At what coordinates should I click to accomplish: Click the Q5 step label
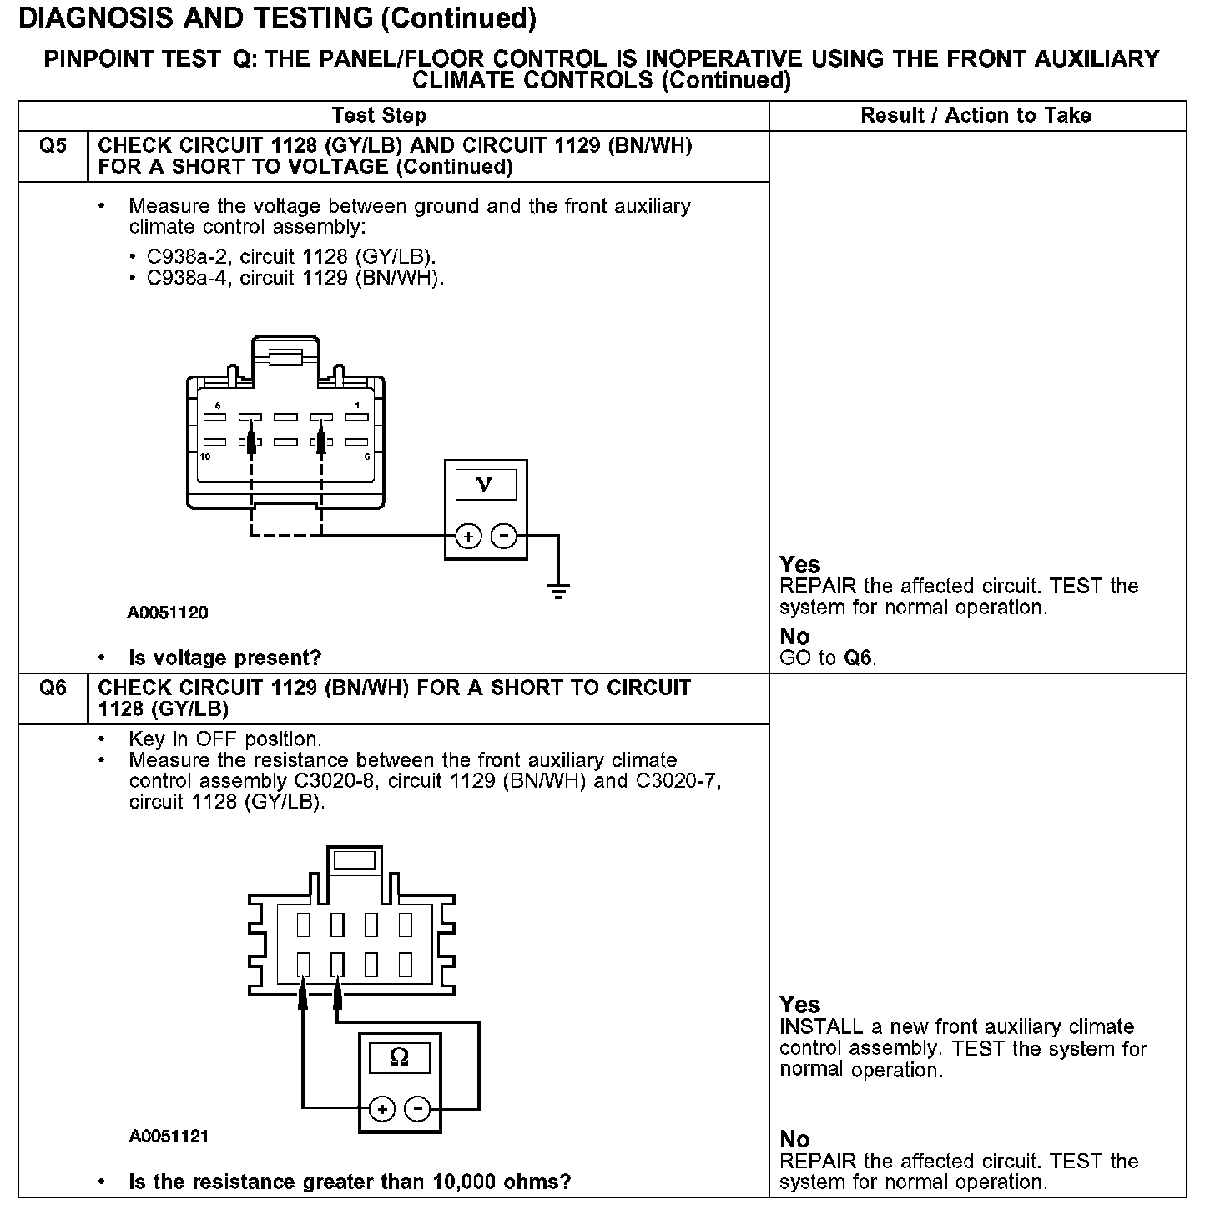[53, 146]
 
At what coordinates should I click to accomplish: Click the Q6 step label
[53, 688]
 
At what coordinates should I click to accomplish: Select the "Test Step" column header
[379, 116]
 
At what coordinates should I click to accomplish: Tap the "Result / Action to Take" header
[976, 116]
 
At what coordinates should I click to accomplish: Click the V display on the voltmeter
[484, 485]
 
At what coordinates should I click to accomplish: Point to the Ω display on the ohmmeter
[400, 1058]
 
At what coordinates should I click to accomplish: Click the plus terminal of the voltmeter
[468, 536]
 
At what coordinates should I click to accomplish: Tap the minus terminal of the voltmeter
[503, 536]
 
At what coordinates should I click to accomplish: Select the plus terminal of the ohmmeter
[381, 1109]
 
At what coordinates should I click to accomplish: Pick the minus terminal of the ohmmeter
[417, 1109]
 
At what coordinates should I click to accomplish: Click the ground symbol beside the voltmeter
[558, 592]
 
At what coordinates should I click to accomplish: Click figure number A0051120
[168, 613]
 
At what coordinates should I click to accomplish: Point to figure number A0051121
[169, 1137]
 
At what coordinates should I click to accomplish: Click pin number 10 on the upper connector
[205, 456]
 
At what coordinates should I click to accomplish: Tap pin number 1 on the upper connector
[357, 406]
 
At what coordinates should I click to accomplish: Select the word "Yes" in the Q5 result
[799, 565]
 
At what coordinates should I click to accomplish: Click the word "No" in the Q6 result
[794, 1139]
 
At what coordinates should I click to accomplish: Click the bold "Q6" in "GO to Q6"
[857, 658]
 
